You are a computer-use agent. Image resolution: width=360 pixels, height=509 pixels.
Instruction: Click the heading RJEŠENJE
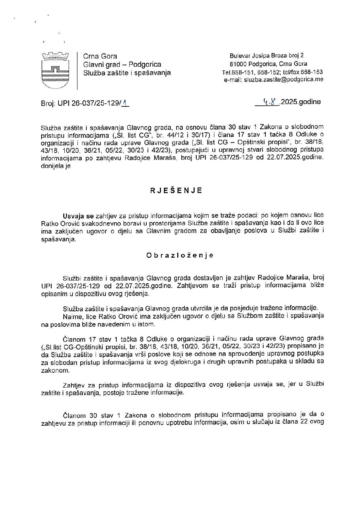click(x=176, y=191)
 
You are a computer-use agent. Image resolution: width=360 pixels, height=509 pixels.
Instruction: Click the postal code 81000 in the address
click(x=238, y=64)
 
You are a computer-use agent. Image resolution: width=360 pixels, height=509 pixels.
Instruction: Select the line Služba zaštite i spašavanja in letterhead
click(x=127, y=72)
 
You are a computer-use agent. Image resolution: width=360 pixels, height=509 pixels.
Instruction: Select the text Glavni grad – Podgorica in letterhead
click(x=122, y=64)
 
